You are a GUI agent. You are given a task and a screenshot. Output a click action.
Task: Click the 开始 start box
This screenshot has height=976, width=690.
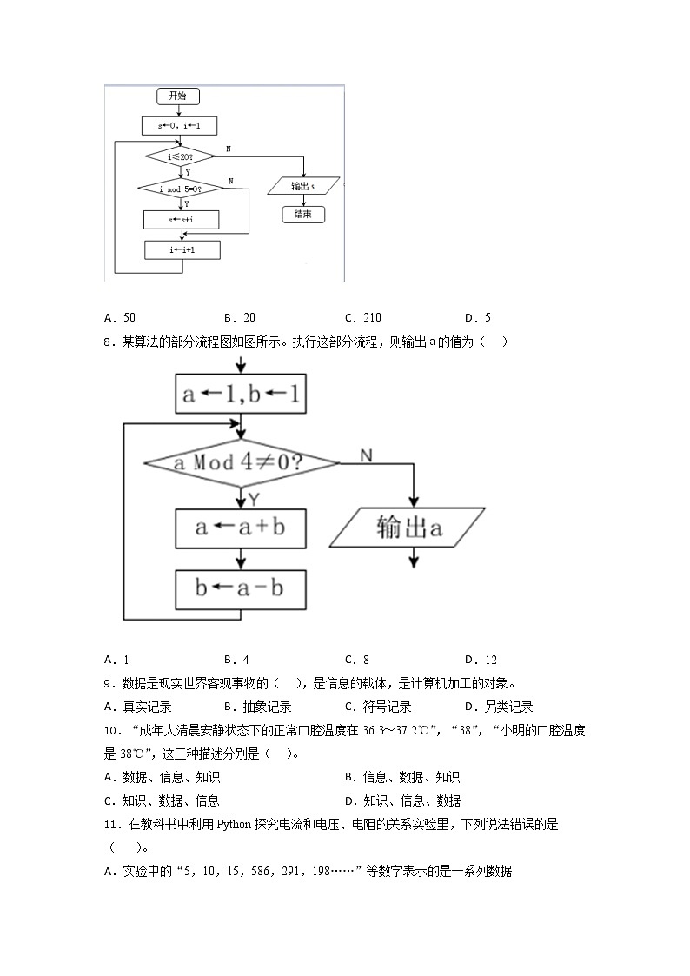pyautogui.click(x=177, y=96)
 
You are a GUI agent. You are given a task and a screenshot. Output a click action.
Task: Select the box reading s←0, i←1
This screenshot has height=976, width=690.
pyautogui.click(x=180, y=126)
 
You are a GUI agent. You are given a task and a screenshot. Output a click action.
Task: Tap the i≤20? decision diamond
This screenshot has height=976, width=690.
pyautogui.click(x=180, y=156)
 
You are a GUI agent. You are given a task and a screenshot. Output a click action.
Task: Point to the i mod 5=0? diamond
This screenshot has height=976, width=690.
pyautogui.click(x=180, y=189)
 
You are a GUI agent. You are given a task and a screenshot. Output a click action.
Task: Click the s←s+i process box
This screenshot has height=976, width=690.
pyautogui.click(x=181, y=220)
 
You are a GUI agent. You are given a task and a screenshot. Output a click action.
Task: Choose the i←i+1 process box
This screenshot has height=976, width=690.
pyautogui.click(x=182, y=250)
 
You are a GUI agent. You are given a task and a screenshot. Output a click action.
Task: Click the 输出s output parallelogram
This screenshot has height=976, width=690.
pyautogui.click(x=303, y=186)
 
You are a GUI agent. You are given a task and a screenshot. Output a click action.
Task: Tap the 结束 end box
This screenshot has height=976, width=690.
pyautogui.click(x=303, y=214)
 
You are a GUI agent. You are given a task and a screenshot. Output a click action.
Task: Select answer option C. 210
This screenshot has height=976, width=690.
pyautogui.click(x=362, y=318)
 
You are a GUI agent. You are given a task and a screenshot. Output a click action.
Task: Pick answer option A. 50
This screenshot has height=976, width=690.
pyautogui.click(x=119, y=318)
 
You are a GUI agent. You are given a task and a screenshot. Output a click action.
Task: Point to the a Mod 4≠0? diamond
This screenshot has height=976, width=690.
pyautogui.click(x=241, y=461)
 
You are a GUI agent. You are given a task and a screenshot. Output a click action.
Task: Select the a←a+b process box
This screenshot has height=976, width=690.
pyautogui.click(x=241, y=528)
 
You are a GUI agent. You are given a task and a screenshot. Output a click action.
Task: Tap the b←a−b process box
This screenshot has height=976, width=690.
pyautogui.click(x=241, y=588)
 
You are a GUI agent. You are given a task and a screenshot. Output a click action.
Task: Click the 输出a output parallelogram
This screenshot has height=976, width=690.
pyautogui.click(x=407, y=528)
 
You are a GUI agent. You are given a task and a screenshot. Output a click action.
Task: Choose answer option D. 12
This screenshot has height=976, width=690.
pyautogui.click(x=481, y=660)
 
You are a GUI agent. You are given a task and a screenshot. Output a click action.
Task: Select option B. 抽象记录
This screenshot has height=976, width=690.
pyautogui.click(x=257, y=707)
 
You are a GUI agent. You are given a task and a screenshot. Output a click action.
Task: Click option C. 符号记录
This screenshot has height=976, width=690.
pyautogui.click(x=378, y=707)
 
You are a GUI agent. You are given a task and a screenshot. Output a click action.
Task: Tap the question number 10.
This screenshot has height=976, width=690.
pyautogui.click(x=109, y=730)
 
